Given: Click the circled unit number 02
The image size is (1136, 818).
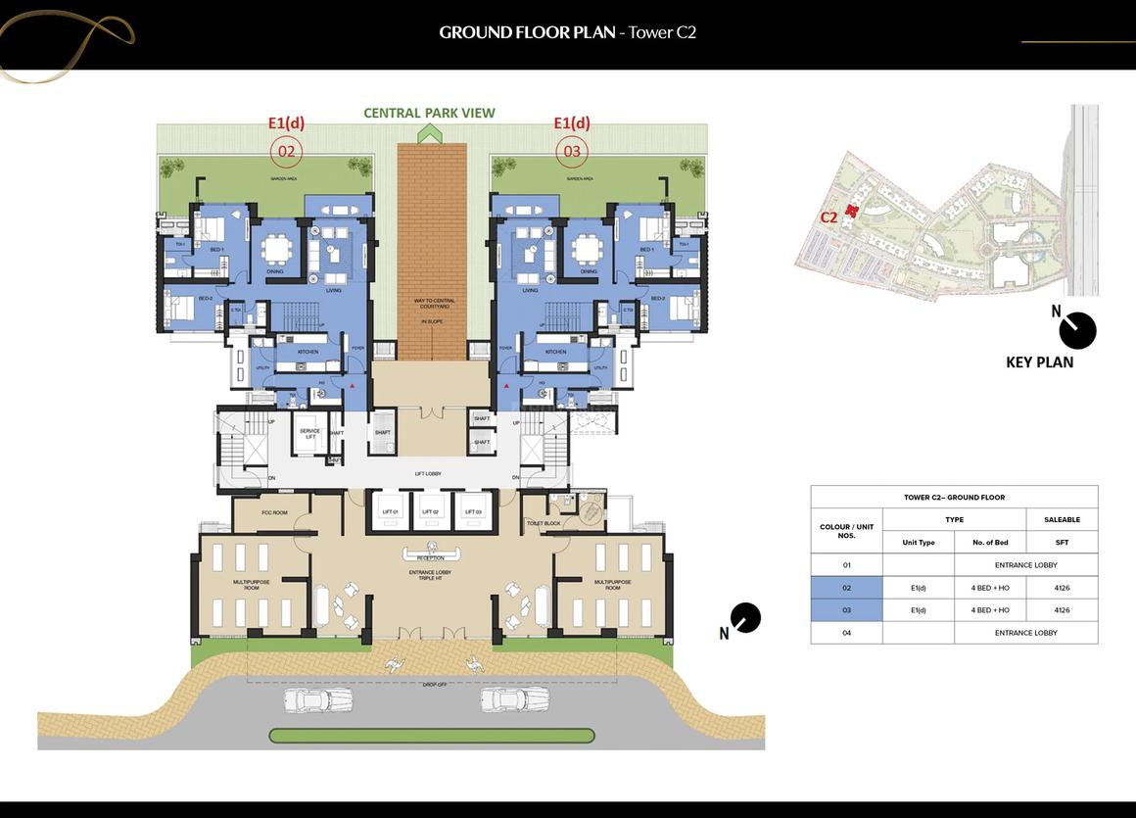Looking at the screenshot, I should tap(286, 151).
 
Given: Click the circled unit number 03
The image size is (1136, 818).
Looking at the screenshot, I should tap(572, 151).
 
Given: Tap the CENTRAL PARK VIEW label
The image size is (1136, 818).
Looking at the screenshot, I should tap(429, 113).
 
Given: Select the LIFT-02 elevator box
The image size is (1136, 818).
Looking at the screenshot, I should tap(430, 508).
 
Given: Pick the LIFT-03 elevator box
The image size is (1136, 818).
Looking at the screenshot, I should tap(472, 508).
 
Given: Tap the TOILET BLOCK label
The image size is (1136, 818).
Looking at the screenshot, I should tap(544, 524).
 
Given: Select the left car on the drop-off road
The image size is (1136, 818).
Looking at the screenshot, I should tap(318, 699).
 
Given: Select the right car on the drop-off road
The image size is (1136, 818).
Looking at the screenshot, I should tap(515, 699).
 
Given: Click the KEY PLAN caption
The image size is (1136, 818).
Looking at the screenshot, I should tap(1039, 362).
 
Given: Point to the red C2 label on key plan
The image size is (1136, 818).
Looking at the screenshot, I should tap(828, 217).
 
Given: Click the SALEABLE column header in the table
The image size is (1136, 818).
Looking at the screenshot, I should tap(1062, 519).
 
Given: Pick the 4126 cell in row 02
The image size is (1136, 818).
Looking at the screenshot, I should tap(1062, 588).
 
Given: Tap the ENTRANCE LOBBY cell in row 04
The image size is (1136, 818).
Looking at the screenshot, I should tap(1025, 633).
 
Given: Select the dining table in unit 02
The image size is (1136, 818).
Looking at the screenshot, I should tap(278, 252).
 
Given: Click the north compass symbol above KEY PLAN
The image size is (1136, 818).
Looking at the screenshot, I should tap(1078, 330).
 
